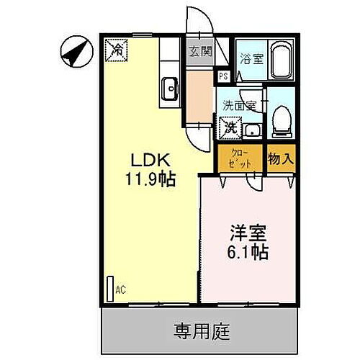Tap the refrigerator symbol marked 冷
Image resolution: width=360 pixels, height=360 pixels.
[115, 50]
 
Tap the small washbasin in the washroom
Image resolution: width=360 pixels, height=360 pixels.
[252, 130]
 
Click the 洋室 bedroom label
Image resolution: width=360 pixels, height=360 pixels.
[248, 234]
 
